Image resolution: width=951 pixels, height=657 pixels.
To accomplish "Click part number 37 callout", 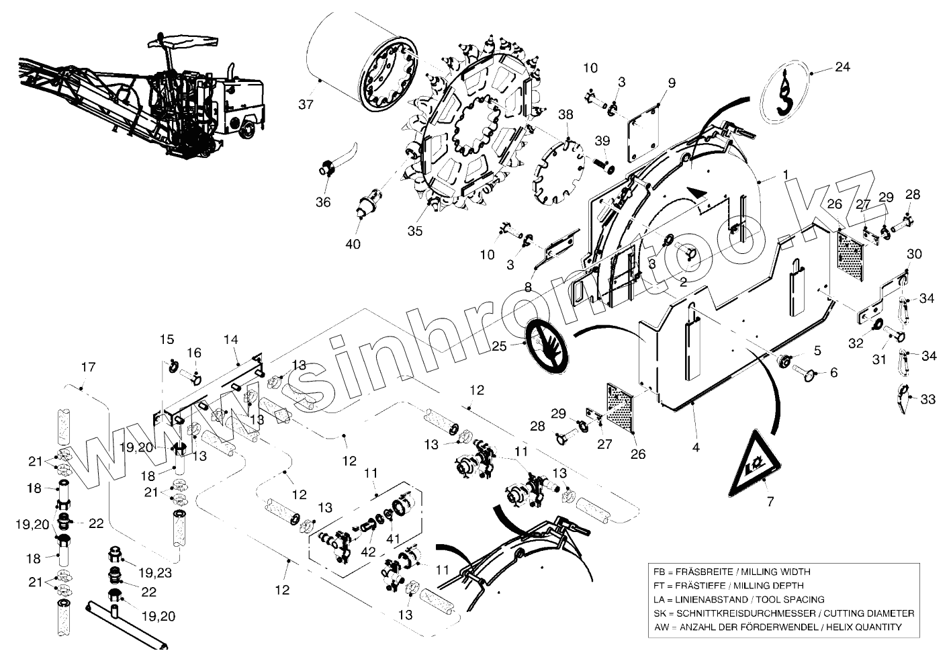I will click(306, 104).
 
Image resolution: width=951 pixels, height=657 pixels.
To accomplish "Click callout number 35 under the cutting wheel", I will click(415, 231).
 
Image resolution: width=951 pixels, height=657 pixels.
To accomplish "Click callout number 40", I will click(353, 244).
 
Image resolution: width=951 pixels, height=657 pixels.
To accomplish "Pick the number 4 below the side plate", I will click(696, 446).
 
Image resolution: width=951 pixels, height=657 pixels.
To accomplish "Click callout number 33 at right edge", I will click(927, 400).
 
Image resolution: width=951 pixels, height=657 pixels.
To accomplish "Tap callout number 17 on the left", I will click(88, 367).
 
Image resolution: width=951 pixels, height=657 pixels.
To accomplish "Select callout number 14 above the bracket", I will click(231, 340).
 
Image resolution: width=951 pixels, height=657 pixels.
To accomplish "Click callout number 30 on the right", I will click(914, 254).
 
